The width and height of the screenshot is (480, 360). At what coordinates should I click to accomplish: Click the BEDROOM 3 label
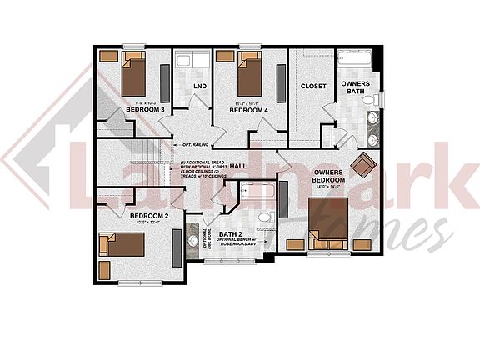pos(145,109)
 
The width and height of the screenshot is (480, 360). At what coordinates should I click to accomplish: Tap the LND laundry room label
pos(200,86)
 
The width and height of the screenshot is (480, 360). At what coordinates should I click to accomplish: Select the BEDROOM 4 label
pos(249,110)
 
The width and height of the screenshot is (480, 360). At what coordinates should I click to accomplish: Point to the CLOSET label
pos(313,86)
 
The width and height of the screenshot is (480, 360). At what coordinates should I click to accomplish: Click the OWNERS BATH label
pos(356,87)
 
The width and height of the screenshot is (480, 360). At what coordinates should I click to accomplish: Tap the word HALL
pos(238,166)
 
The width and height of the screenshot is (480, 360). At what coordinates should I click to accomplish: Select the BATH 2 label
pos(231,234)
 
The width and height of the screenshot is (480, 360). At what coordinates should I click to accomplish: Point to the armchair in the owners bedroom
pos(363,164)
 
